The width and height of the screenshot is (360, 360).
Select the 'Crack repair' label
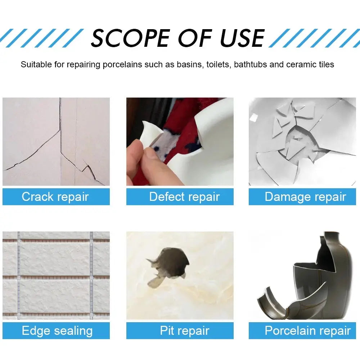tap(55, 197)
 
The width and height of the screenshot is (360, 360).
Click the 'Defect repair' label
tap(184, 197)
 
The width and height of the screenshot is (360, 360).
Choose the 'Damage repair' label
tap(305, 197)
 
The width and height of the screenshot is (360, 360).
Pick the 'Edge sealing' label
tap(57, 331)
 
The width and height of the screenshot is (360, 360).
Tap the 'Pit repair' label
tap(184, 331)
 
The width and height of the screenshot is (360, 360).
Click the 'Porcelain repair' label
tap(307, 331)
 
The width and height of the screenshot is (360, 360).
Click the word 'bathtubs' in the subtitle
tap(251, 65)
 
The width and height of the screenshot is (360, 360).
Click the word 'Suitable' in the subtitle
tap(34, 65)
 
